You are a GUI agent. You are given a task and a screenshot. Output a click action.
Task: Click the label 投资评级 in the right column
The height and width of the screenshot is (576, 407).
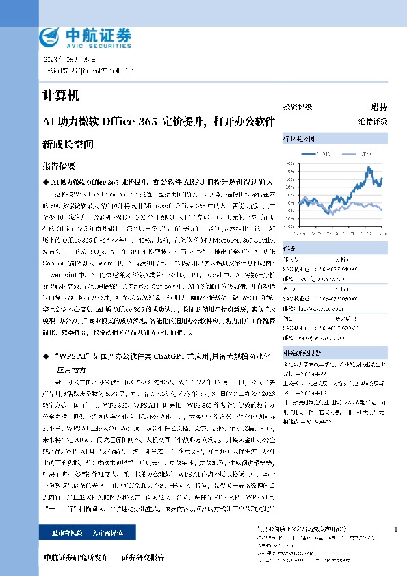pyautogui.click(x=298, y=107)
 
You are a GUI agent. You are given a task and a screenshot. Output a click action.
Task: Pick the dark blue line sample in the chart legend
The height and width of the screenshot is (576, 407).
pyautogui.click(x=309, y=155)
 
